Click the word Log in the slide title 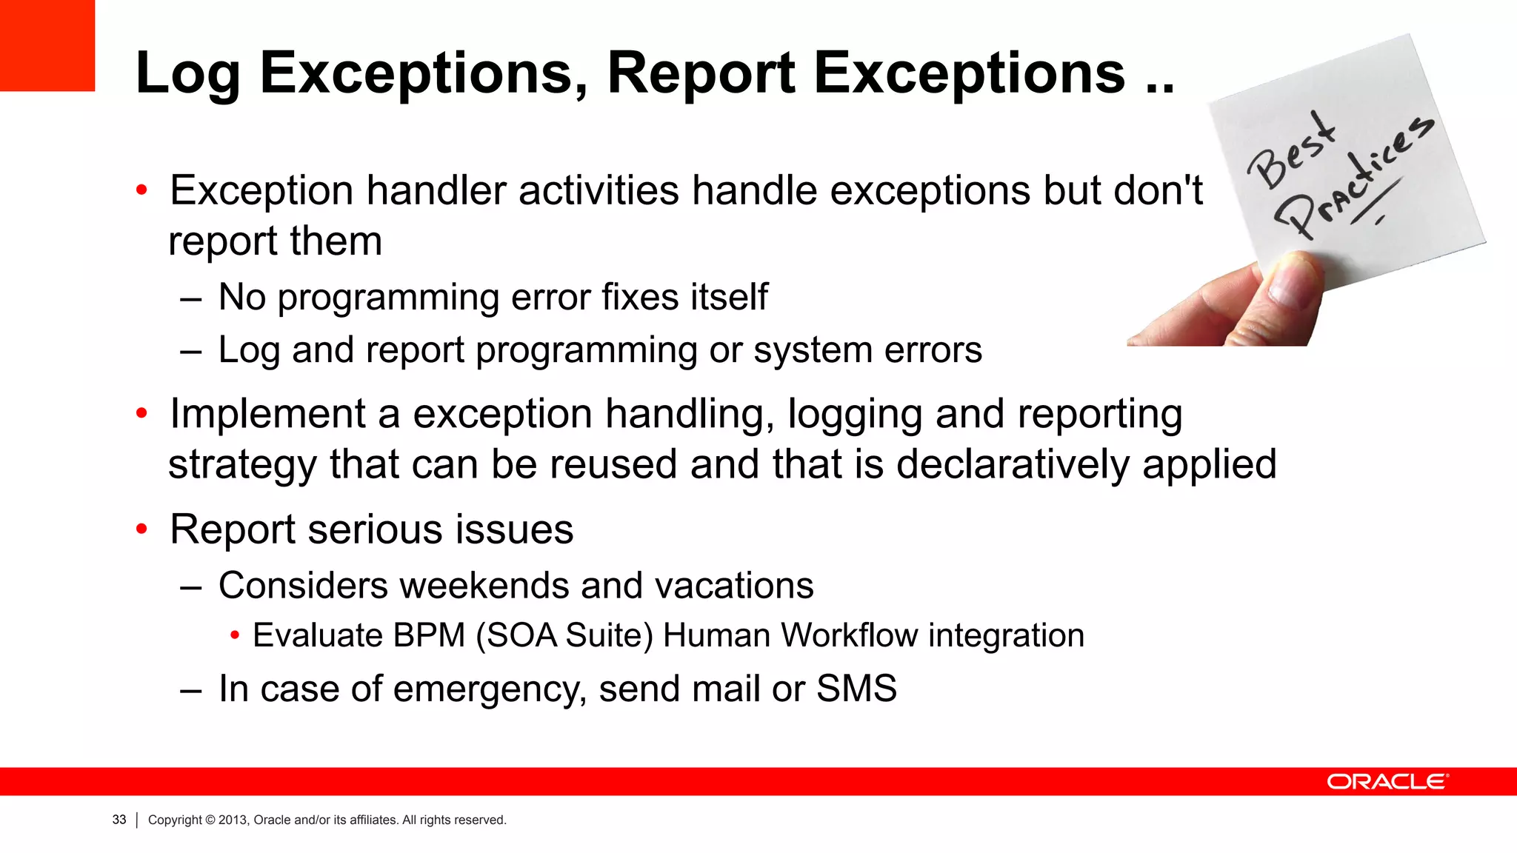[x=187, y=75]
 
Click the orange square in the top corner [x=47, y=44]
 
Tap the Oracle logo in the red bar [x=1387, y=782]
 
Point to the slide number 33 [x=119, y=820]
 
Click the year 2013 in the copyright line [x=232, y=820]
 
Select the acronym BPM [x=429, y=635]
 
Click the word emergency [x=490, y=689]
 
